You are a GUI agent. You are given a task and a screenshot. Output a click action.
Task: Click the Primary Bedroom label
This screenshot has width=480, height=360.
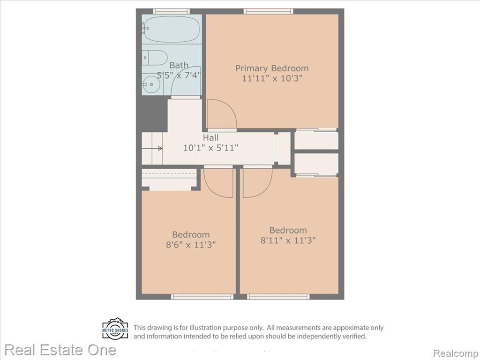[272, 68]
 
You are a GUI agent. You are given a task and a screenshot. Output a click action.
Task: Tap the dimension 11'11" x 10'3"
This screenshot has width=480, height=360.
[272, 78]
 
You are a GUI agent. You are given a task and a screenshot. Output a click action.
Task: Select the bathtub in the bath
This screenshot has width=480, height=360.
[172, 29]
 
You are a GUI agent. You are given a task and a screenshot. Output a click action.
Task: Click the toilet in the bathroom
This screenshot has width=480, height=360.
[155, 58]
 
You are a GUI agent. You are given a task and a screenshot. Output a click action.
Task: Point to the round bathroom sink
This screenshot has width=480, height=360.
[150, 84]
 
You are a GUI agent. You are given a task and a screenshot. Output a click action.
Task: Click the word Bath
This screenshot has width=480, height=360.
[179, 65]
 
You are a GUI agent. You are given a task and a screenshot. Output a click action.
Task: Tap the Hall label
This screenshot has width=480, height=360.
[210, 137]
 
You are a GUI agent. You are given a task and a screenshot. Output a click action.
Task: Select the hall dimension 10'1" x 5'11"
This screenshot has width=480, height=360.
[210, 148]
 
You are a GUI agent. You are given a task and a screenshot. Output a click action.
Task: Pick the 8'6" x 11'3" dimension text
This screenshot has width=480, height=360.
[191, 245]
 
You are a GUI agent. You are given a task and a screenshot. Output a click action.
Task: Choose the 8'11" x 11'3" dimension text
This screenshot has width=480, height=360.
[288, 240]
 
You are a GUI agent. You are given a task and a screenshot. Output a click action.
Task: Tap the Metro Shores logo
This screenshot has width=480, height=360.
[115, 329]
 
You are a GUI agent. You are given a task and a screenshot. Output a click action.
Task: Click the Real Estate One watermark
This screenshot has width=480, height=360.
[60, 350]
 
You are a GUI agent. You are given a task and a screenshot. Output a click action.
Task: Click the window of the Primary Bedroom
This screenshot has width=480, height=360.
[269, 11]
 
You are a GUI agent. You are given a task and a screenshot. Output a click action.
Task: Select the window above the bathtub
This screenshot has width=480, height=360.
[171, 11]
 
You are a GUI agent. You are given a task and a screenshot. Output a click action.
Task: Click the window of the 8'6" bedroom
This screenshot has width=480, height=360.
[202, 297]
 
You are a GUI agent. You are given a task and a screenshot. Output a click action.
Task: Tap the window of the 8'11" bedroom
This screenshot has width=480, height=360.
[278, 297]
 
